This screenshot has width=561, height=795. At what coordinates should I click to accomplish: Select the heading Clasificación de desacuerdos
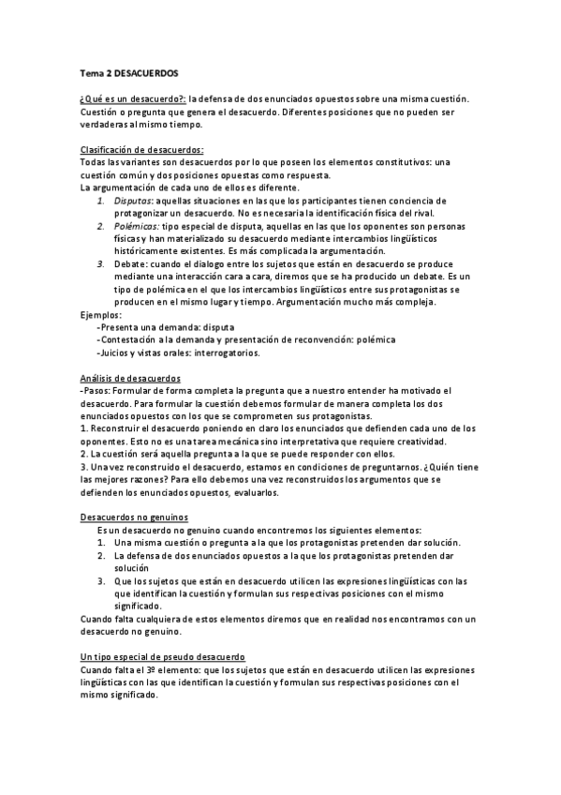click(142, 150)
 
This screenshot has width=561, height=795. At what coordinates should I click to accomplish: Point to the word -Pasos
click(97, 389)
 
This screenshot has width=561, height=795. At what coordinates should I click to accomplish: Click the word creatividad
click(421, 442)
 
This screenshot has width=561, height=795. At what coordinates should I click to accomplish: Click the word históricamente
click(152, 252)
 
